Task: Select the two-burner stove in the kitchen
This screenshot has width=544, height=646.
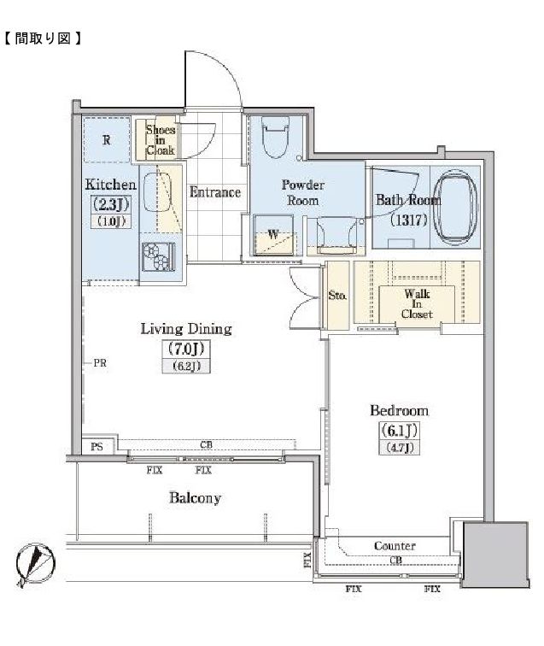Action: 158,256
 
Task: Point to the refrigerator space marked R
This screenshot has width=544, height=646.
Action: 106,140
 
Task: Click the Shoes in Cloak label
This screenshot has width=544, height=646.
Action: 161,140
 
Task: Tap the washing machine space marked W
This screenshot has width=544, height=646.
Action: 273,235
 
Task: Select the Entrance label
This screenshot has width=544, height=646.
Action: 215,192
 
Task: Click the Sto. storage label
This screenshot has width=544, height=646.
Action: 337,296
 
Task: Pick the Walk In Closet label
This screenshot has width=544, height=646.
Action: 417,304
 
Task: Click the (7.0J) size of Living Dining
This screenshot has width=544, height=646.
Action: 186,349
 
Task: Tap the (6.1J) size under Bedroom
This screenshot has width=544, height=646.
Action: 399,431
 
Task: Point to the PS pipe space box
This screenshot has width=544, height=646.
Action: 97,446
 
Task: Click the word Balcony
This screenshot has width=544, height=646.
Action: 195,498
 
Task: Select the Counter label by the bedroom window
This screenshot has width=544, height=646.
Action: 395,546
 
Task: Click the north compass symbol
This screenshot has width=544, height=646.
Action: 35,564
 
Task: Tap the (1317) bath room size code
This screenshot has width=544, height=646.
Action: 408,220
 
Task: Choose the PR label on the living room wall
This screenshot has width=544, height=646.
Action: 100,363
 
